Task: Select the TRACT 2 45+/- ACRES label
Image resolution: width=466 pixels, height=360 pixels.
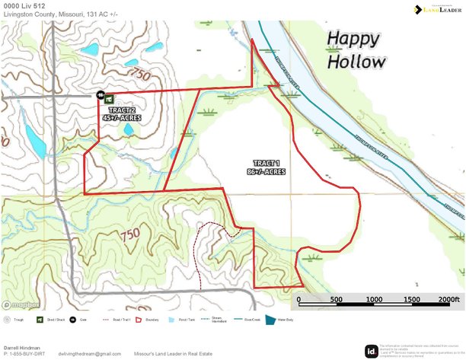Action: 122,115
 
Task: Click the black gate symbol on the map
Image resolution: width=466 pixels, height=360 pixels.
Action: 100,96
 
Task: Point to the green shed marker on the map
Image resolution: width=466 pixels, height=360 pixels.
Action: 109,98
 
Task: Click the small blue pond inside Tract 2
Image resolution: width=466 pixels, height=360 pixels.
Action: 129,129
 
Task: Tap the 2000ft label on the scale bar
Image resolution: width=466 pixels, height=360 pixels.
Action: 450,299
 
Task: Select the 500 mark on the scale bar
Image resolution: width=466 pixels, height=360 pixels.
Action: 336,299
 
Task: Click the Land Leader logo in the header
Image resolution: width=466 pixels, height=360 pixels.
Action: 436,10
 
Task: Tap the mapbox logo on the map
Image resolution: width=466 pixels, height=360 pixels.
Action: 22,304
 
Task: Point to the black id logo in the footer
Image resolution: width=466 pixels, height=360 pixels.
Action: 371,351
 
